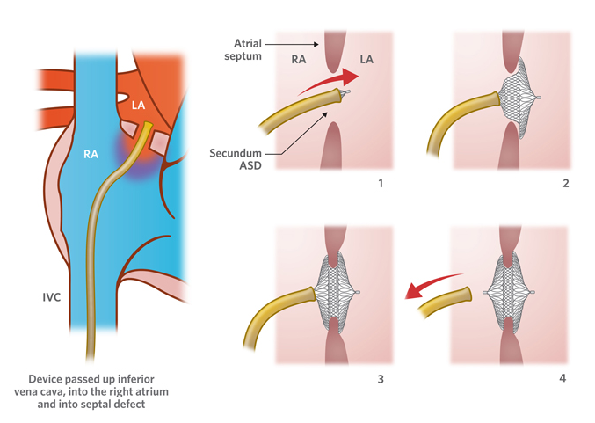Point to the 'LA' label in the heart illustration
pyautogui.click(x=139, y=106)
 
